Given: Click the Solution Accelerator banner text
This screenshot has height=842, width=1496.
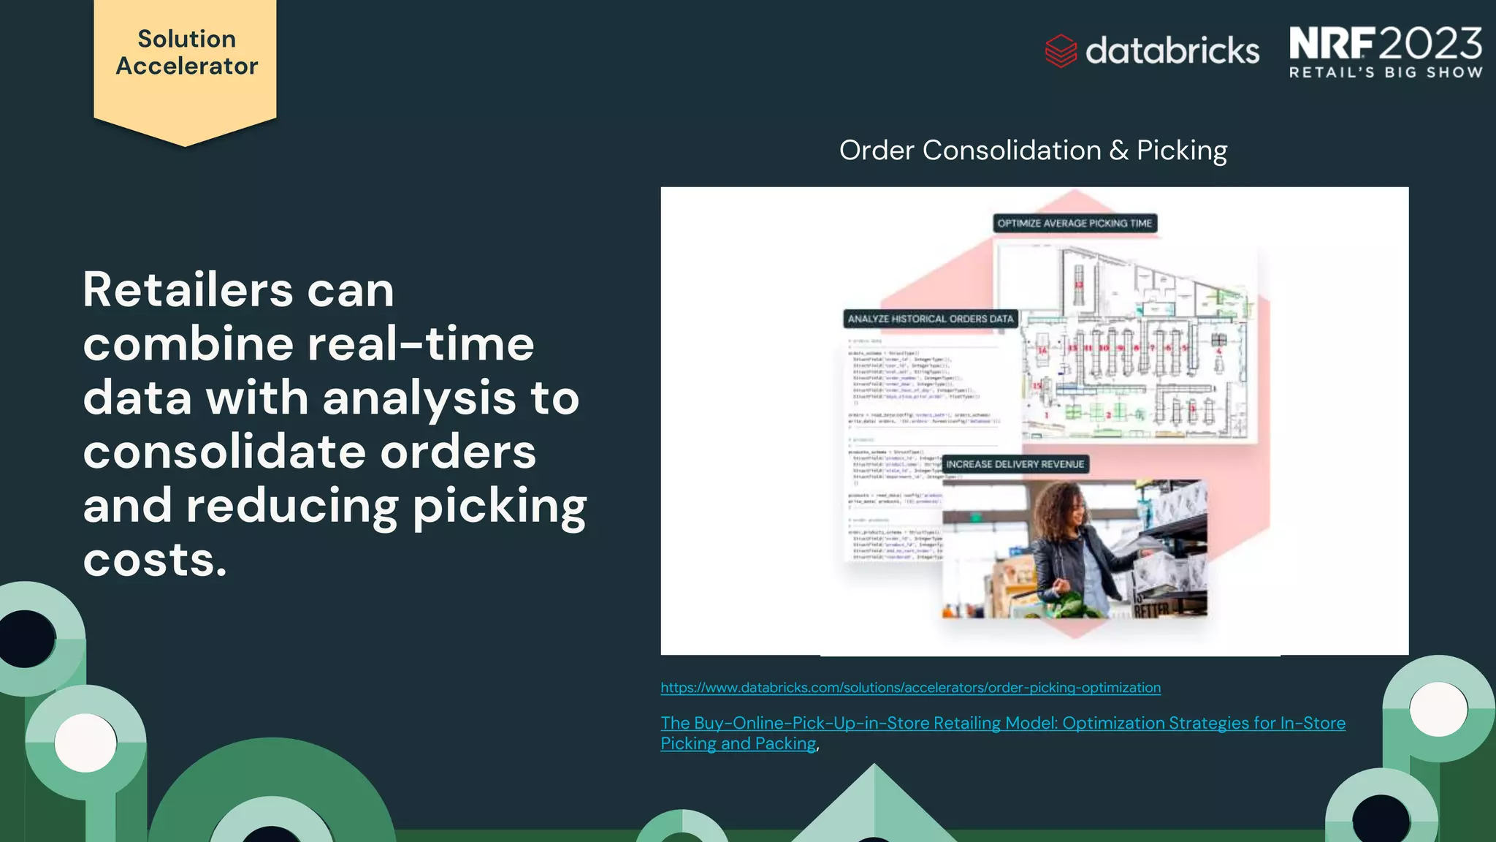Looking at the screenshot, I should (x=186, y=53).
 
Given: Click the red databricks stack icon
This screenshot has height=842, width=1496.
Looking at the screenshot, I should (x=1061, y=51).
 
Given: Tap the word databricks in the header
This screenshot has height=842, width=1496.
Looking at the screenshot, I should (x=1172, y=51).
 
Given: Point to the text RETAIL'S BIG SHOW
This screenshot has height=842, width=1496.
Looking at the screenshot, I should (x=1385, y=72).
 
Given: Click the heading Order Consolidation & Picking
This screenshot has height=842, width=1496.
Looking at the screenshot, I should (x=1033, y=151).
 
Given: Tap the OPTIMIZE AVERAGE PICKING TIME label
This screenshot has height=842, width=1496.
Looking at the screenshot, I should (x=1074, y=224).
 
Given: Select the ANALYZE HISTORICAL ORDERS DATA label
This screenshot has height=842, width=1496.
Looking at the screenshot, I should (x=930, y=319).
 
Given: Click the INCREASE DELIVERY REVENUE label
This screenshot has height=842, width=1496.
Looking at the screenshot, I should (x=1015, y=464).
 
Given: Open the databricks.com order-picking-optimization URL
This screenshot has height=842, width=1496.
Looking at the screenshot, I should (x=910, y=688).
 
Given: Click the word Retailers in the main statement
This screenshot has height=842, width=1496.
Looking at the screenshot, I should (x=188, y=290).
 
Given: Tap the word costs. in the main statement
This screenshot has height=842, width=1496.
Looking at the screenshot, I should (x=155, y=560).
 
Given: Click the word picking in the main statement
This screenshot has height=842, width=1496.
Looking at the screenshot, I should (x=499, y=506).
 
